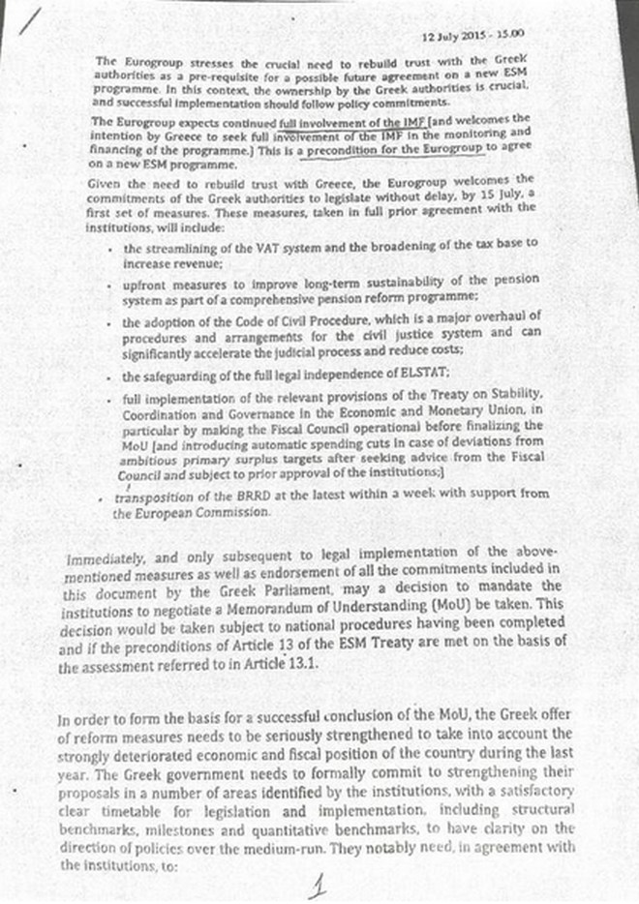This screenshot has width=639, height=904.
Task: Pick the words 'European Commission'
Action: [x=192, y=513]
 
